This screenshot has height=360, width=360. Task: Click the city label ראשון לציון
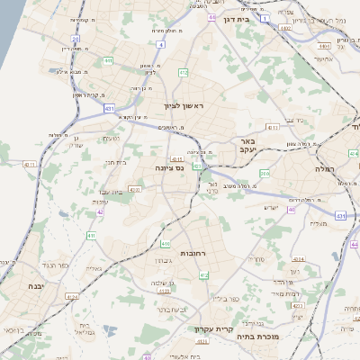tap(184, 106)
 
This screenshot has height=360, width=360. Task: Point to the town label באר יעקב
tap(247, 145)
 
